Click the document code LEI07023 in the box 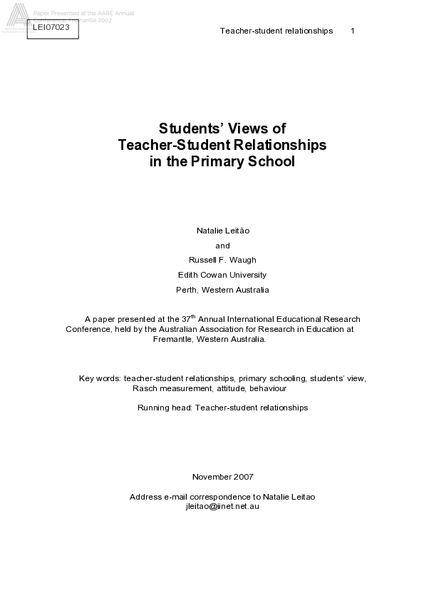(51, 28)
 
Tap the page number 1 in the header (353, 31)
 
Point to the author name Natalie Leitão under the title (223, 231)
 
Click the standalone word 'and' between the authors (222, 246)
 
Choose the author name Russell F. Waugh (222, 260)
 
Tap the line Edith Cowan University (222, 275)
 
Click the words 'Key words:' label (100, 378)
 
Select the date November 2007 (222, 477)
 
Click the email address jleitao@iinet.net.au (222, 505)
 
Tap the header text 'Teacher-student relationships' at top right (276, 31)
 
